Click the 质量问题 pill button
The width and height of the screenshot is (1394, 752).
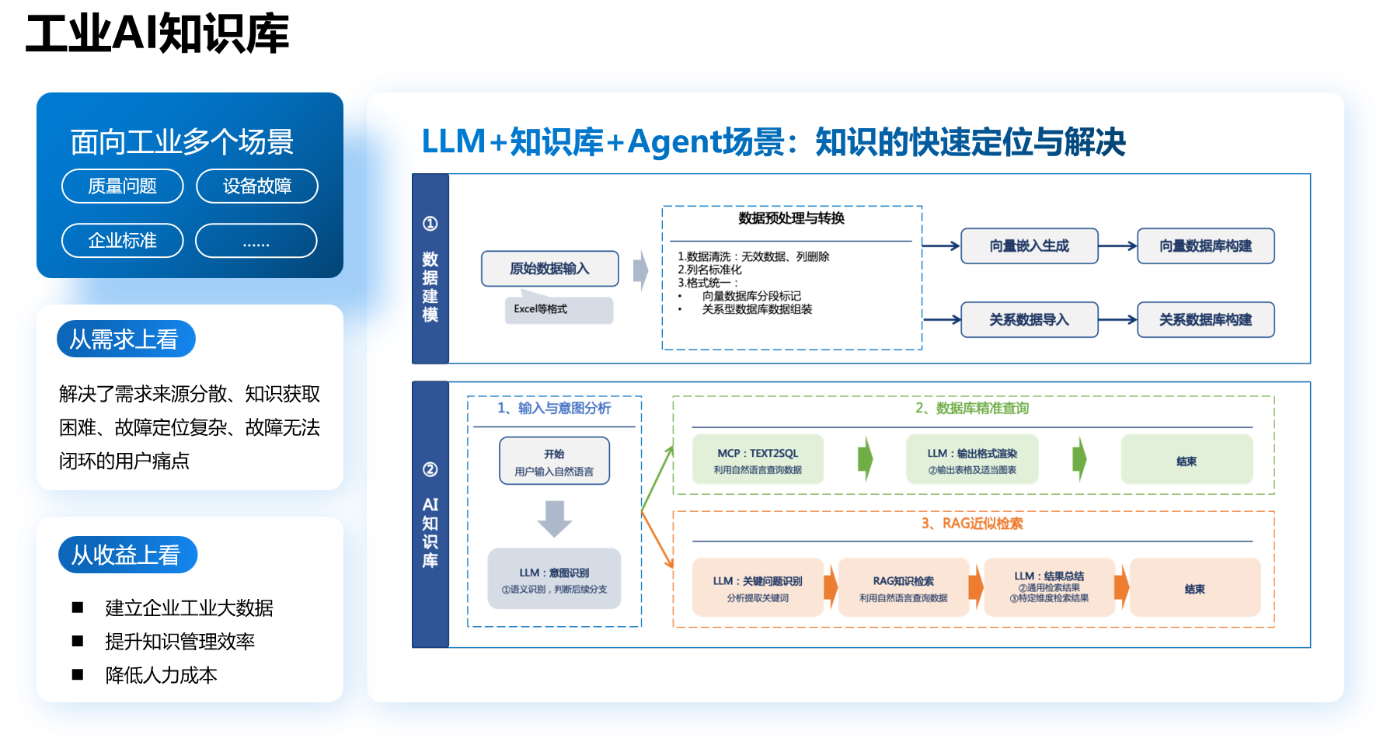(122, 186)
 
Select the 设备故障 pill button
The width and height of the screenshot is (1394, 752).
(256, 186)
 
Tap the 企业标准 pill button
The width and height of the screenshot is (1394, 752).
(122, 241)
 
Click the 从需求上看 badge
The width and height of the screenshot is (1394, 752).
(125, 339)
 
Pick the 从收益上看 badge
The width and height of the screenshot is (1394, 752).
(127, 555)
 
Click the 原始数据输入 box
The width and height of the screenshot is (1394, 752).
(549, 269)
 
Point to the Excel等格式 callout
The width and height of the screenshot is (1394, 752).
(558, 309)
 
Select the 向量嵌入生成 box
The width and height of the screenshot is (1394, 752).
(1029, 246)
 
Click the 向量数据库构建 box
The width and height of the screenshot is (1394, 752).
(1205, 246)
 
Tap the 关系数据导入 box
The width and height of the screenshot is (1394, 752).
(1029, 320)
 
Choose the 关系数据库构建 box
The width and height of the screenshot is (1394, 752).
(1205, 320)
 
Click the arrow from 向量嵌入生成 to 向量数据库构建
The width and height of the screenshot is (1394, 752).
(1117, 246)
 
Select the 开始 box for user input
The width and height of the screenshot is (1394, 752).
(554, 461)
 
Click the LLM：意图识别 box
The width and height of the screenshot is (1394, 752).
(554, 580)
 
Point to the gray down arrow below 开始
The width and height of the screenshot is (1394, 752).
(554, 519)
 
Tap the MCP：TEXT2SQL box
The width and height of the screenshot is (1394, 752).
(758, 460)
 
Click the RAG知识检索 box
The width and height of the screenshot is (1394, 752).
(903, 588)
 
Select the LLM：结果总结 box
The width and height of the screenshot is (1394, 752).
(1048, 587)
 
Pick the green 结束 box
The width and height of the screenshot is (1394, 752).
(1187, 460)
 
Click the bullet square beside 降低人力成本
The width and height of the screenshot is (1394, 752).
(78, 674)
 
